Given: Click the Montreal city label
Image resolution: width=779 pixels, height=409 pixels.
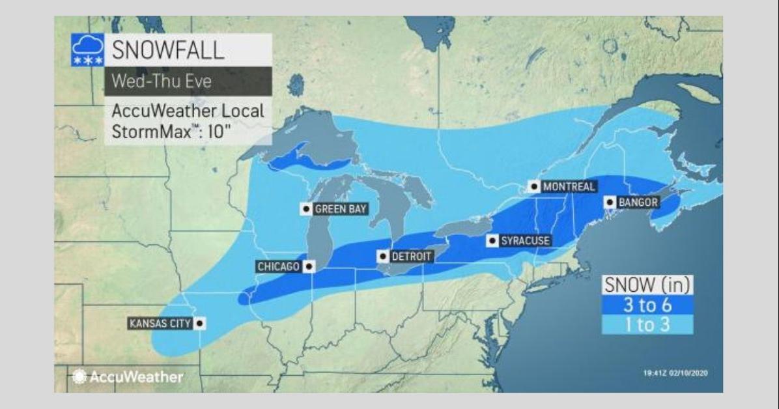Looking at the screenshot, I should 569,187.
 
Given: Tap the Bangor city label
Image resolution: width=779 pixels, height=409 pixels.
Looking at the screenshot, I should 638,203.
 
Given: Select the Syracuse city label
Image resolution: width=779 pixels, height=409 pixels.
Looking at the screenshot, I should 525,241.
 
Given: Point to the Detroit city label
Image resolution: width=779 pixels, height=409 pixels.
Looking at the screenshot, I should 411,257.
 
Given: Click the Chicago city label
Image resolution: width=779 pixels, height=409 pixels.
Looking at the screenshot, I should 278,266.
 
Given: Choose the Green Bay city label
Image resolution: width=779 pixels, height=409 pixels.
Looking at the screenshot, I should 341,209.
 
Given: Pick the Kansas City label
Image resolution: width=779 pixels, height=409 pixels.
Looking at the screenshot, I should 160,323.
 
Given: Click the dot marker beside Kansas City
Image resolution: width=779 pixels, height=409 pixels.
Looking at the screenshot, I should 199,323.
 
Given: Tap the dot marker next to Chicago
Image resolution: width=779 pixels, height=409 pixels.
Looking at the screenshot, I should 308,266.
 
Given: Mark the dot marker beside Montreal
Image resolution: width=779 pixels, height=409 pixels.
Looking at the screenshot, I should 534,187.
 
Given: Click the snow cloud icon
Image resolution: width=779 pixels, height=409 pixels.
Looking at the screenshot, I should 87,50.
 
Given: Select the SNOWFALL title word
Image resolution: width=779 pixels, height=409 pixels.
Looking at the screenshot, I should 168,50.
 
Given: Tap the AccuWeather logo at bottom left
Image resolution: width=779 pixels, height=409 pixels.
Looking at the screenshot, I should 128,376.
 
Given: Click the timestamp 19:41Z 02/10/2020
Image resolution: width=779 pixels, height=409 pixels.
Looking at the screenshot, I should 676,373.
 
